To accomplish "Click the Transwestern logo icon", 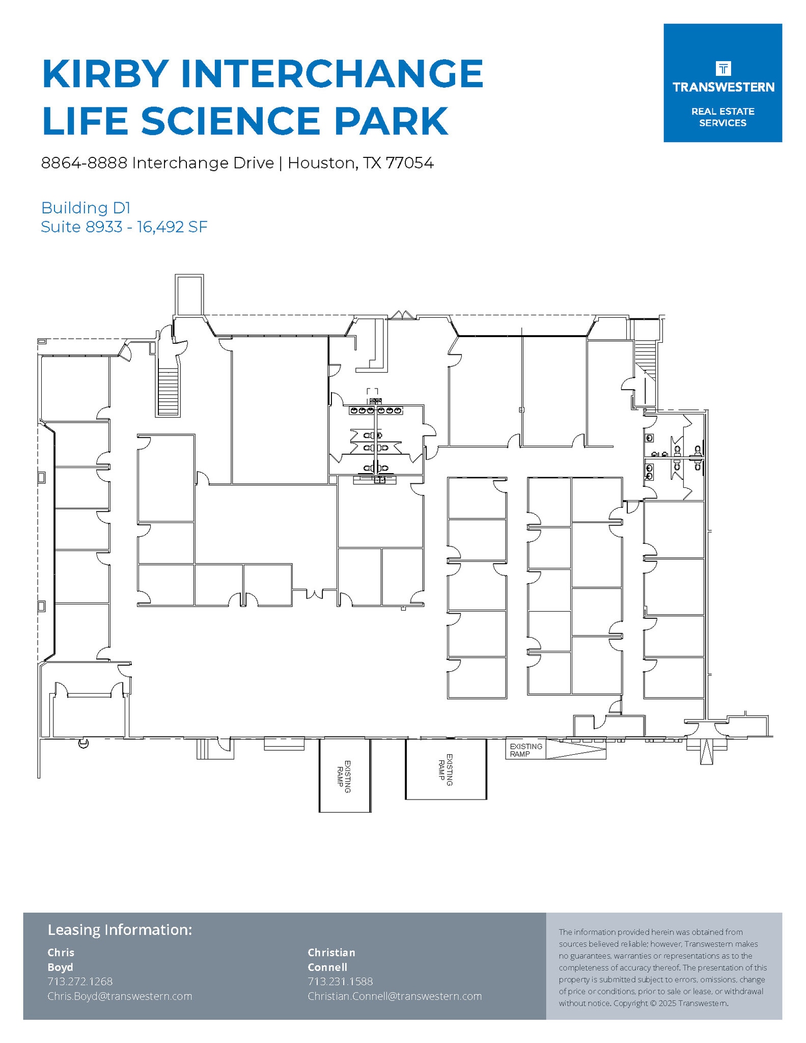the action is [723, 68].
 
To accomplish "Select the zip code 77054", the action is [409, 163].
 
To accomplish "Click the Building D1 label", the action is [86, 208].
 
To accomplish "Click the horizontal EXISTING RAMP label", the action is [526, 750].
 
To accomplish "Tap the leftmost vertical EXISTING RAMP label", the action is [344, 777].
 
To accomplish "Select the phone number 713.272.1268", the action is [80, 981].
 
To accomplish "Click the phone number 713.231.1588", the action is [340, 981].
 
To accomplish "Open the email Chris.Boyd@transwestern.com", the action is [120, 996].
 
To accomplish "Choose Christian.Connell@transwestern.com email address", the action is [395, 996].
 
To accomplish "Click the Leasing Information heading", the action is [120, 930].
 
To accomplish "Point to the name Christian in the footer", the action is [331, 952].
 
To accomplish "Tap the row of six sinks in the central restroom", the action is [376, 410].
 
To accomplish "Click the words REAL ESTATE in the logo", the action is [722, 112].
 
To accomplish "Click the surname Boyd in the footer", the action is [60, 967].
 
